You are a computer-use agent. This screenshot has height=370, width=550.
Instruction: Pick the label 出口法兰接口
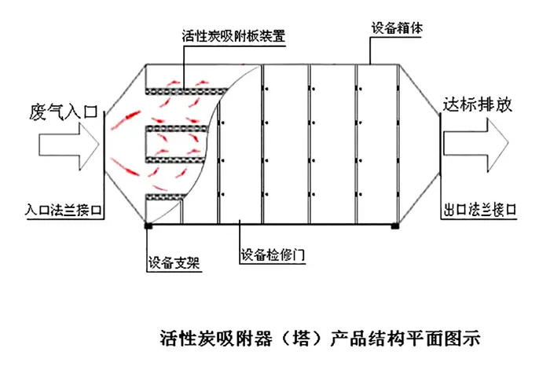click(478, 210)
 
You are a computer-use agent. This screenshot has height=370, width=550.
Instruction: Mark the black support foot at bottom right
click(395, 227)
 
